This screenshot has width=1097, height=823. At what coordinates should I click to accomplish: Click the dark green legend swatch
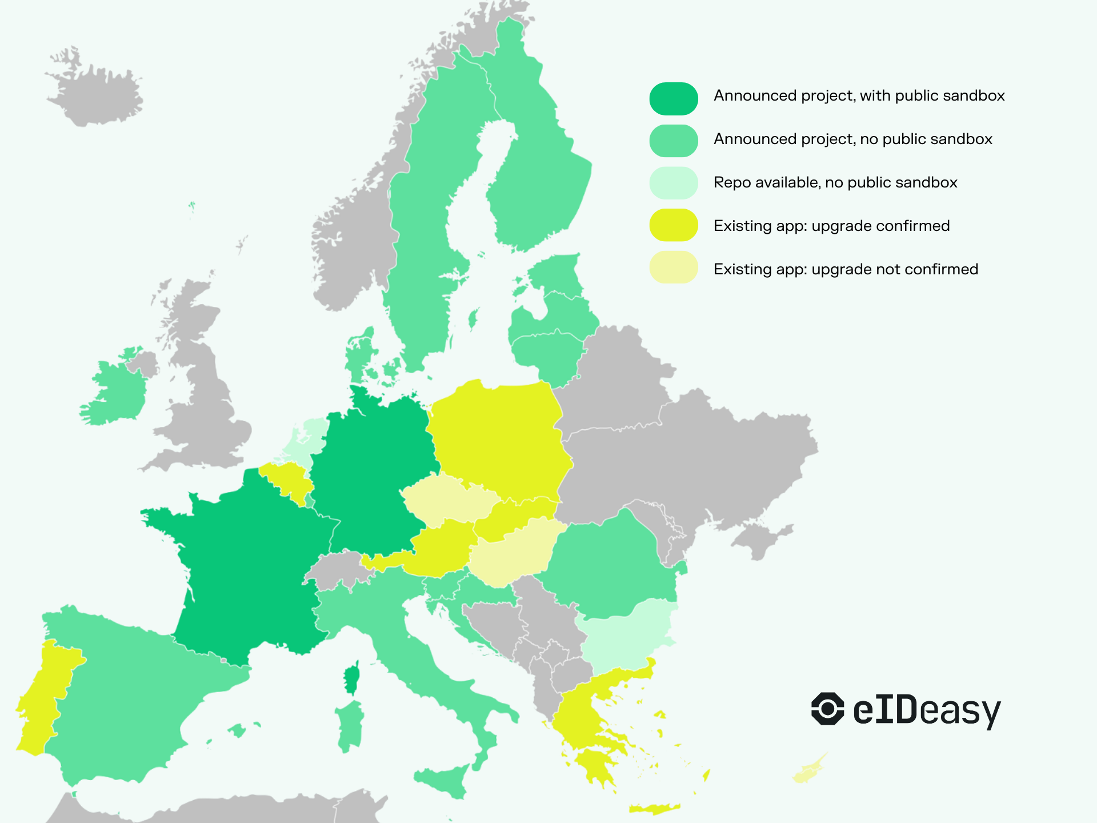(x=673, y=98)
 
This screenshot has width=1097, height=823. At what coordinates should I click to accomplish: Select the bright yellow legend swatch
(x=673, y=225)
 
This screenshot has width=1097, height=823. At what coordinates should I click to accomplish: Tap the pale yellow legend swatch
(x=673, y=267)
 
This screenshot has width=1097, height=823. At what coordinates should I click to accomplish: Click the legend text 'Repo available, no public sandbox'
(x=835, y=182)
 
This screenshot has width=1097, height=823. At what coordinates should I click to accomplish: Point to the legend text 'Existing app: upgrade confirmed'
(x=831, y=226)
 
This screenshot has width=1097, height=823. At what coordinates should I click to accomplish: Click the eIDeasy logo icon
(x=827, y=709)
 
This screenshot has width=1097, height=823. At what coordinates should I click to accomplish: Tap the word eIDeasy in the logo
(x=926, y=710)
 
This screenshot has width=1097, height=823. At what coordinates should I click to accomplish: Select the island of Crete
(x=654, y=808)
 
